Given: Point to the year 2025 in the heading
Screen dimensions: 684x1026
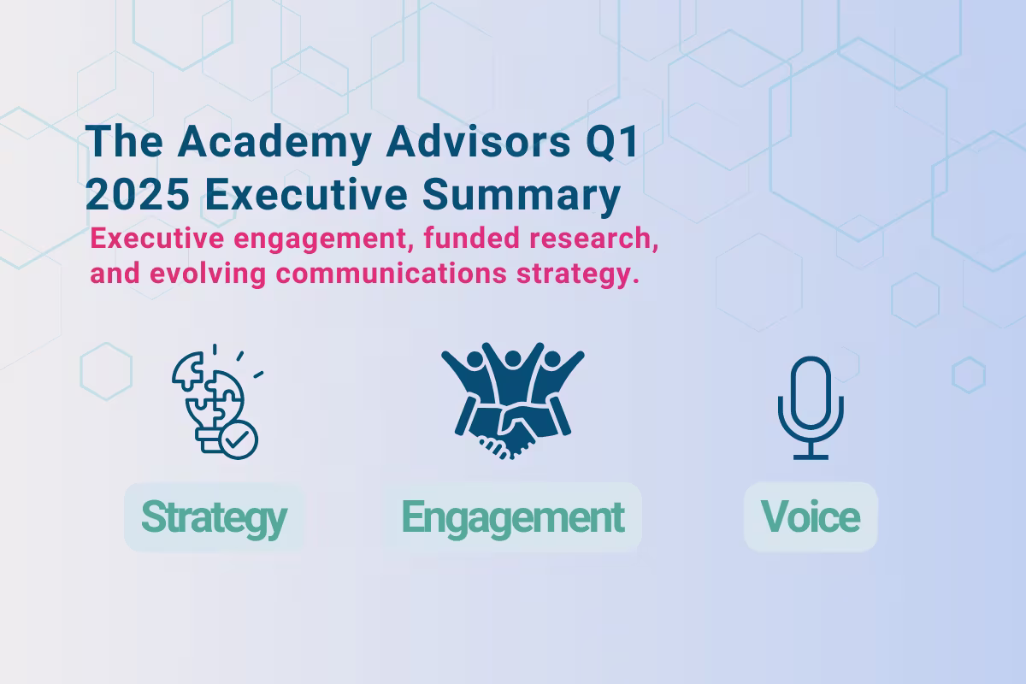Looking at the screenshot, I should (x=137, y=195).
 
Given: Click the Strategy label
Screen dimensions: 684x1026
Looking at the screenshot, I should (x=214, y=517).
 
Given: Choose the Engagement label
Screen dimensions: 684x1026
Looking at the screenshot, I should (x=512, y=517).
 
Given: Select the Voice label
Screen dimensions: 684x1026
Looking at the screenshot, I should (x=810, y=517).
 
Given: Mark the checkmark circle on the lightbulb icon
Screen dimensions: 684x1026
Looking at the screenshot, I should (x=239, y=440).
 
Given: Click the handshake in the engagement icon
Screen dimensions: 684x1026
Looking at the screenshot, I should (x=513, y=427).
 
